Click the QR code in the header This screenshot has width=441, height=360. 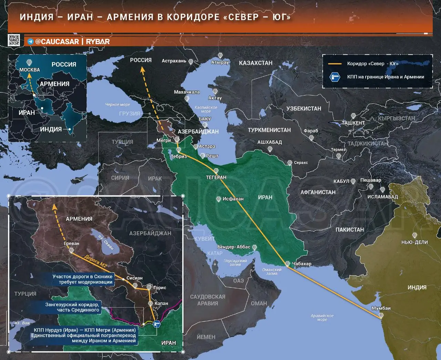click(x=14, y=40)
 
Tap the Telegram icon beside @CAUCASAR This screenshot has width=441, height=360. click(x=31, y=42)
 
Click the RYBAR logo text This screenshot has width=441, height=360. click(x=98, y=42)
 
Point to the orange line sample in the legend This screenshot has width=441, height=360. click(x=334, y=64)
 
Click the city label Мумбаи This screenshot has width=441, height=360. click(x=381, y=308)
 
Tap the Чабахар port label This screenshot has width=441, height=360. click(x=302, y=264)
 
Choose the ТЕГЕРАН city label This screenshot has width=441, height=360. click(x=216, y=177)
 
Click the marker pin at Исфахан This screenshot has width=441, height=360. click(x=218, y=199)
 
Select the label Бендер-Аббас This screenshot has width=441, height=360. click(x=234, y=247)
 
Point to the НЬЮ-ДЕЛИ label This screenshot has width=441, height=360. click(x=414, y=242)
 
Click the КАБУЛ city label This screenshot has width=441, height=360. click(x=341, y=181)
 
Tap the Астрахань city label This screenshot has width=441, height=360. click(x=174, y=61)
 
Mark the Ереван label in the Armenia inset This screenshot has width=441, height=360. click(x=71, y=243)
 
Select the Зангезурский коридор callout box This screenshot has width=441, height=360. click(x=72, y=307)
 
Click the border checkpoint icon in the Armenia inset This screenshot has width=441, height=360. click(x=157, y=324)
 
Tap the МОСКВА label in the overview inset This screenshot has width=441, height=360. click(x=30, y=70)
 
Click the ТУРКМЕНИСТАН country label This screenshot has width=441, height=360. click(x=269, y=130)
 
